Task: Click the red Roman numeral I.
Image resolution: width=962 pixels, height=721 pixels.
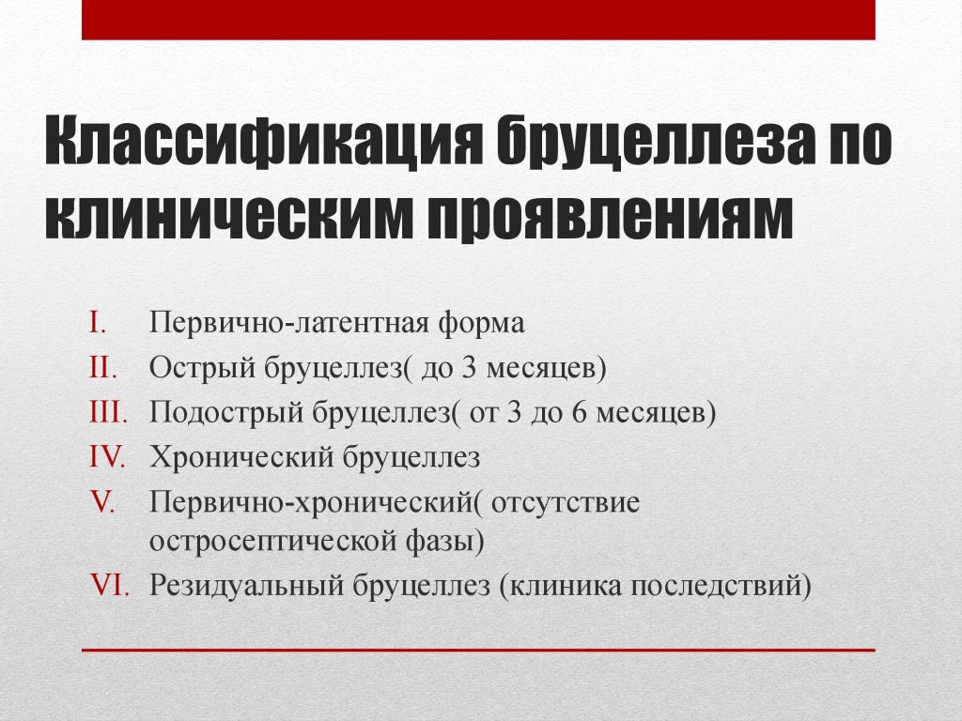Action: pyautogui.click(x=98, y=323)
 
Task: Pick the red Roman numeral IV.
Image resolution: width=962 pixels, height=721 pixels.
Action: pyautogui.click(x=108, y=457)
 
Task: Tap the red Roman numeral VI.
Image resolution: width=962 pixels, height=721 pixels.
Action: pyautogui.click(x=109, y=585)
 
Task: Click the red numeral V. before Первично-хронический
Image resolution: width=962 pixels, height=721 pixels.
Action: pyautogui.click(x=102, y=502)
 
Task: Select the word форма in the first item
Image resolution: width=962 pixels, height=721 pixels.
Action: pyautogui.click(x=481, y=324)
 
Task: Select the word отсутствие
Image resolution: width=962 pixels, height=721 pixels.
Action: pyautogui.click(x=565, y=503)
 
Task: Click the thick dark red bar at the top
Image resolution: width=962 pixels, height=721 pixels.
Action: pyautogui.click(x=478, y=20)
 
